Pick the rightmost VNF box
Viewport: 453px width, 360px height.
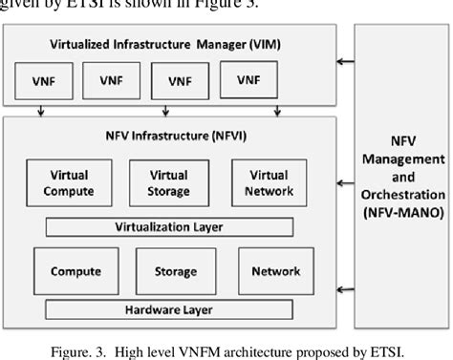[x=248, y=81]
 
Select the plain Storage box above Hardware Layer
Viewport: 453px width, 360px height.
[x=169, y=271]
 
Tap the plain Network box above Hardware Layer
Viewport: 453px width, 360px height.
[x=275, y=271]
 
